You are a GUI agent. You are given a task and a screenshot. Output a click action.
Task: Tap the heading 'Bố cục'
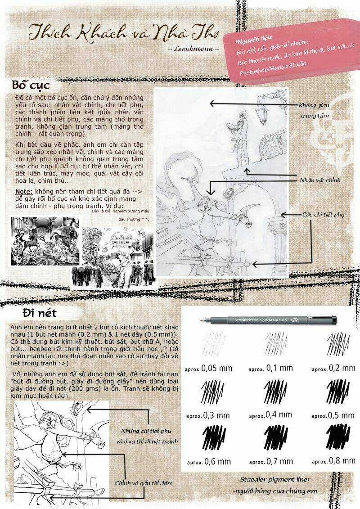pyautogui.click(x=31, y=85)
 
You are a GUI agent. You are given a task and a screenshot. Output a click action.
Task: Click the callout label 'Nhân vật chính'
pyautogui.click(x=320, y=180)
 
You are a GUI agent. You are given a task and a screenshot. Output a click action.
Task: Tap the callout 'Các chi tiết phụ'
pyautogui.click(x=323, y=214)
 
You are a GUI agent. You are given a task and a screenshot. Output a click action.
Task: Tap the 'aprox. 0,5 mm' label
pyautogui.click(x=333, y=414)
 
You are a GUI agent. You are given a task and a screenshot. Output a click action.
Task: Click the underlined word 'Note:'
pyautogui.click(x=21, y=191)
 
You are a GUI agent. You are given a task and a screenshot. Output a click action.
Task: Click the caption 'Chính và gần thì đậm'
pyautogui.click(x=144, y=482)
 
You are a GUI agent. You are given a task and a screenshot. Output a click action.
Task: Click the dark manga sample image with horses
pyautogui.click(x=45, y=241)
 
